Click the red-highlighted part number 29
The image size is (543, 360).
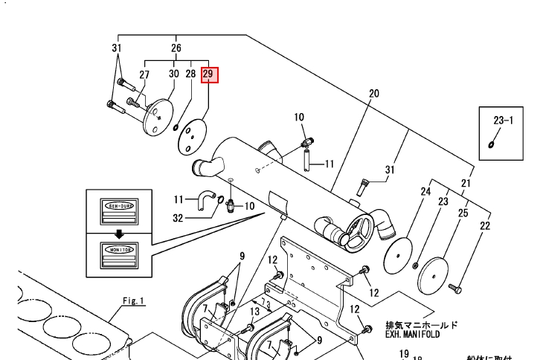[208, 74]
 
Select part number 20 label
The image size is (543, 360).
[373, 94]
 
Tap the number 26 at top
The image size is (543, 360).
[176, 49]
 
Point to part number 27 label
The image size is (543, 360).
[144, 74]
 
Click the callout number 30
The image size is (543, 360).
[173, 74]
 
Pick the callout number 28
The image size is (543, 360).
[191, 74]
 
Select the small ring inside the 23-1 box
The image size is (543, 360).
[492, 144]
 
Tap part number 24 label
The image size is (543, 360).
[425, 192]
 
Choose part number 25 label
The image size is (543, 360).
[463, 213]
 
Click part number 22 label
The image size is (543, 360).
[485, 225]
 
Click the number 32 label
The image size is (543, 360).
[178, 218]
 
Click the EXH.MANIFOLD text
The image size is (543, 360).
[412, 335]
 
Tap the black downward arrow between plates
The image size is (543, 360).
[119, 234]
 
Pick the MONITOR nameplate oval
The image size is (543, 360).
[119, 250]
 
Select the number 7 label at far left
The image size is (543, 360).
[205, 307]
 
